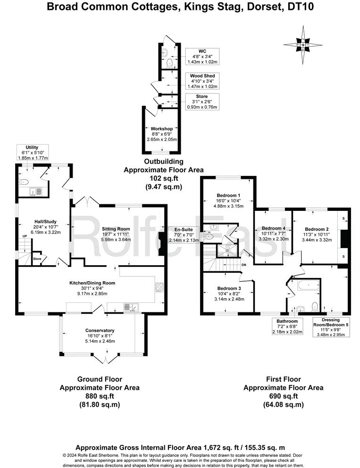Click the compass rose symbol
click(x=303, y=44)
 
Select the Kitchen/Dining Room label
click(x=92, y=283)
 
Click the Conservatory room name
click(x=100, y=330)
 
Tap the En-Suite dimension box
click(x=184, y=234)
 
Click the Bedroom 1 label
click(x=229, y=195)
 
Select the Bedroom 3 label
click(x=229, y=288)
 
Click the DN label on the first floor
click(x=243, y=265)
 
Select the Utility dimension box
click(x=33, y=152)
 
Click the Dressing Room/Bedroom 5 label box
click(x=332, y=327)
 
